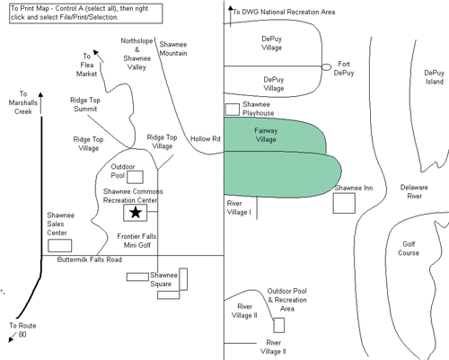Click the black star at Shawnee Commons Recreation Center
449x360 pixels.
coord(136,213)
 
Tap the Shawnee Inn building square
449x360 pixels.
coord(344,203)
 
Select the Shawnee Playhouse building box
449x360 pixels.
coord(233,110)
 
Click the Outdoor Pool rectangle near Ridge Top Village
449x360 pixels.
coord(135,177)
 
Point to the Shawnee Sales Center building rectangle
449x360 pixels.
coord(60,246)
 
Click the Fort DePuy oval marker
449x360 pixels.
coord(326,67)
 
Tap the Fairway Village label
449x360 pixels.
coord(266,135)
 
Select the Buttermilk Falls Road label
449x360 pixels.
coord(90,259)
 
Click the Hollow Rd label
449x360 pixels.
coord(206,139)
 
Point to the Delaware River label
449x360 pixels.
coord(414,192)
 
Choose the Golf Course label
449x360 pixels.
coord(409,249)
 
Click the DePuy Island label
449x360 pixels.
coord(435,77)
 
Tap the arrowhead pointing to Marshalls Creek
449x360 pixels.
coord(40,95)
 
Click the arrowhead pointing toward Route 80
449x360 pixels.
coord(11,338)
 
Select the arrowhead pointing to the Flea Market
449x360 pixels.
coord(96,52)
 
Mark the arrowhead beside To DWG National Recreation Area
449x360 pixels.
coord(231,8)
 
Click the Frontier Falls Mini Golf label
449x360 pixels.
coord(136,241)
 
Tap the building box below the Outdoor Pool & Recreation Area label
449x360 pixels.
coord(279,325)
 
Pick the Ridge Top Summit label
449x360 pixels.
coord(85,104)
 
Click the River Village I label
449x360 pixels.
coord(239,207)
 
